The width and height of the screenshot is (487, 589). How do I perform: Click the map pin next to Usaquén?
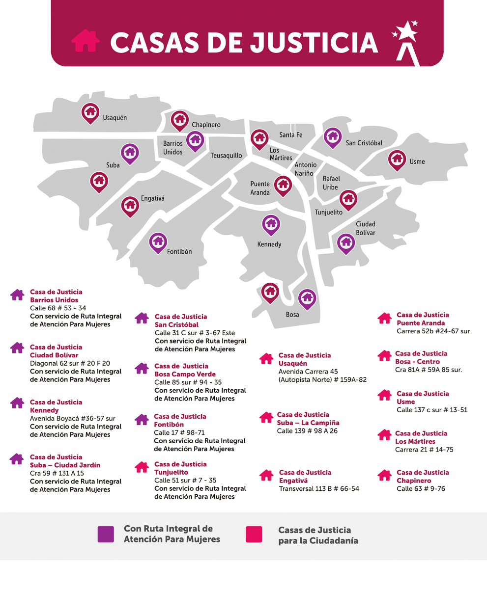[x=90, y=112]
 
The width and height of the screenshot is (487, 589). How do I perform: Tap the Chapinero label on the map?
[x=206, y=125]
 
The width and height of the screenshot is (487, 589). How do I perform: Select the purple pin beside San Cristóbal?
[x=333, y=137]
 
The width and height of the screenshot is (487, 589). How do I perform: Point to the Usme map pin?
[x=397, y=160]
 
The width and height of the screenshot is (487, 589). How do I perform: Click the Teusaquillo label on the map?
[x=226, y=156]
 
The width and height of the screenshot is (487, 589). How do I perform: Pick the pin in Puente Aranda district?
[x=283, y=185]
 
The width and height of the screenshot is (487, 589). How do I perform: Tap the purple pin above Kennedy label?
[x=271, y=224]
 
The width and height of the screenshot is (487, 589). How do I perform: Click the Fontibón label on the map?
[x=179, y=252]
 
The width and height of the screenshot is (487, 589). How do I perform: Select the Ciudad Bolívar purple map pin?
[x=346, y=242]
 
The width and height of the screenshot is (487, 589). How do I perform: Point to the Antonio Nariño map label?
[x=306, y=169]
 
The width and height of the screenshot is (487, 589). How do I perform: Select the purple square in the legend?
[x=106, y=534]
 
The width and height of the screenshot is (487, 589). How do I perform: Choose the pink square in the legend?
[x=254, y=534]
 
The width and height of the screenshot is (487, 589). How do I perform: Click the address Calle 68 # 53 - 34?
[x=58, y=308]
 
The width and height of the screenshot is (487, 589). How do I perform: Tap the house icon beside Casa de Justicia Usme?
[x=384, y=395]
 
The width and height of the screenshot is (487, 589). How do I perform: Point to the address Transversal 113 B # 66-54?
[x=319, y=489]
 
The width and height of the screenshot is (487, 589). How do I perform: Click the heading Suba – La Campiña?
[x=308, y=423]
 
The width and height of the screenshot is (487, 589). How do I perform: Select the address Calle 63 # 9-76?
[x=421, y=489]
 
